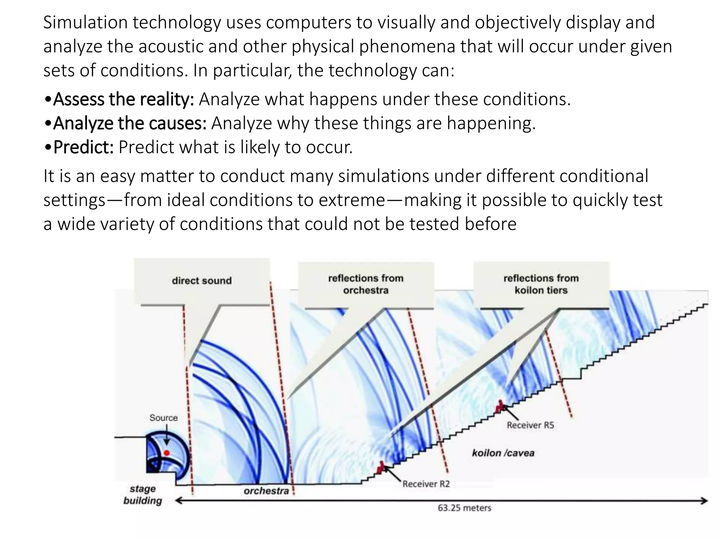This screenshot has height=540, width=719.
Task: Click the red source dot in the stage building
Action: tap(167, 453)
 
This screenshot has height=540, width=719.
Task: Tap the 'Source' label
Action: tap(164, 418)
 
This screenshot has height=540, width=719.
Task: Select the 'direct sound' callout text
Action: tap(202, 281)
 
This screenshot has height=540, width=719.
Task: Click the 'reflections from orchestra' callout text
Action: tap(366, 284)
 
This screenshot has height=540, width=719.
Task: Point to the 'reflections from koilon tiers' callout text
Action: tap(541, 284)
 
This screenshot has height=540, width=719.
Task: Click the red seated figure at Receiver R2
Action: tap(380, 468)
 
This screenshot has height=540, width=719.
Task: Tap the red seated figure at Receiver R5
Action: tap(499, 407)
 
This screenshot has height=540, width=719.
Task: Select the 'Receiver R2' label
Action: tap(426, 484)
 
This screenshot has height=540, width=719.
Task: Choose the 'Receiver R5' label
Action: tap(530, 425)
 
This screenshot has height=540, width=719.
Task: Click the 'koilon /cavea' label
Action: tap(503, 453)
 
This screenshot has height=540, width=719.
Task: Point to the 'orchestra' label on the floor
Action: tap(266, 491)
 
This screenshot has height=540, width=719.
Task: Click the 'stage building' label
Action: tap(143, 495)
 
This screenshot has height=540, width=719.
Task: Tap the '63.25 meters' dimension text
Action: tap(464, 508)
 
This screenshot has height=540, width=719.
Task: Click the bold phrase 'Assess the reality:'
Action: tap(123, 99)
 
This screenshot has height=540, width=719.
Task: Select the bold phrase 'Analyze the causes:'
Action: tap(130, 123)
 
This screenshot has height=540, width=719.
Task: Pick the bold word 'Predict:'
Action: tap(83, 147)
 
